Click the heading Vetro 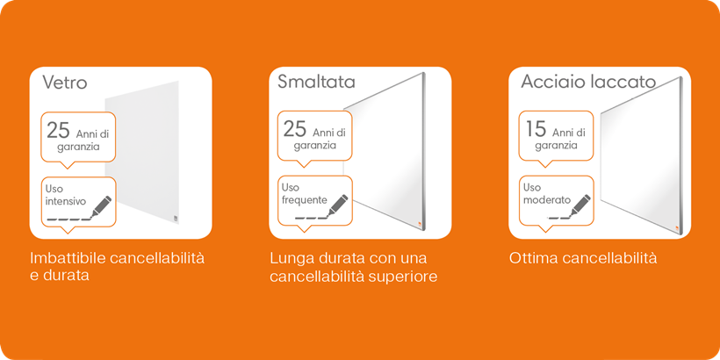(x=65, y=83)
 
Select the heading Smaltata (x=316, y=82)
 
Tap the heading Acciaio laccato (x=588, y=82)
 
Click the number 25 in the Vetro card (x=58, y=131)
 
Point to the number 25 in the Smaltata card (x=295, y=129)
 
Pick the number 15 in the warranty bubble (x=536, y=129)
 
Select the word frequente (x=305, y=200)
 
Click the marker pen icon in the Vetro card (x=102, y=206)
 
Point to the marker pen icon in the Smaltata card (x=337, y=205)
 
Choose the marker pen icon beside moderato (x=580, y=205)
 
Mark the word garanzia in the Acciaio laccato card (x=556, y=146)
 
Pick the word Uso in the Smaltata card (x=291, y=187)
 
